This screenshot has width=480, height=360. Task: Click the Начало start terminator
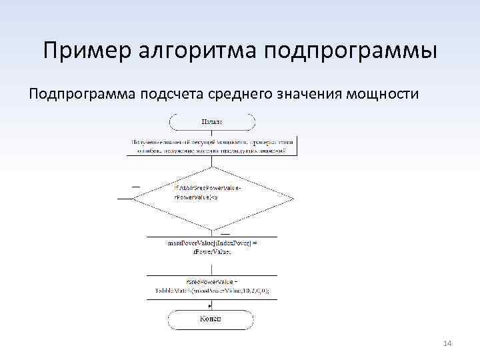212,122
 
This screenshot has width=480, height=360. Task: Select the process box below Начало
212,146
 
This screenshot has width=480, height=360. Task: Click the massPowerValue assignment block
212,247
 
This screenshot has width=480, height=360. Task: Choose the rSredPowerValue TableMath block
212,287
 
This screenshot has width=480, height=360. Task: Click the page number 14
447,343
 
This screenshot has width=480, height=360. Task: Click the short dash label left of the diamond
136,186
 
